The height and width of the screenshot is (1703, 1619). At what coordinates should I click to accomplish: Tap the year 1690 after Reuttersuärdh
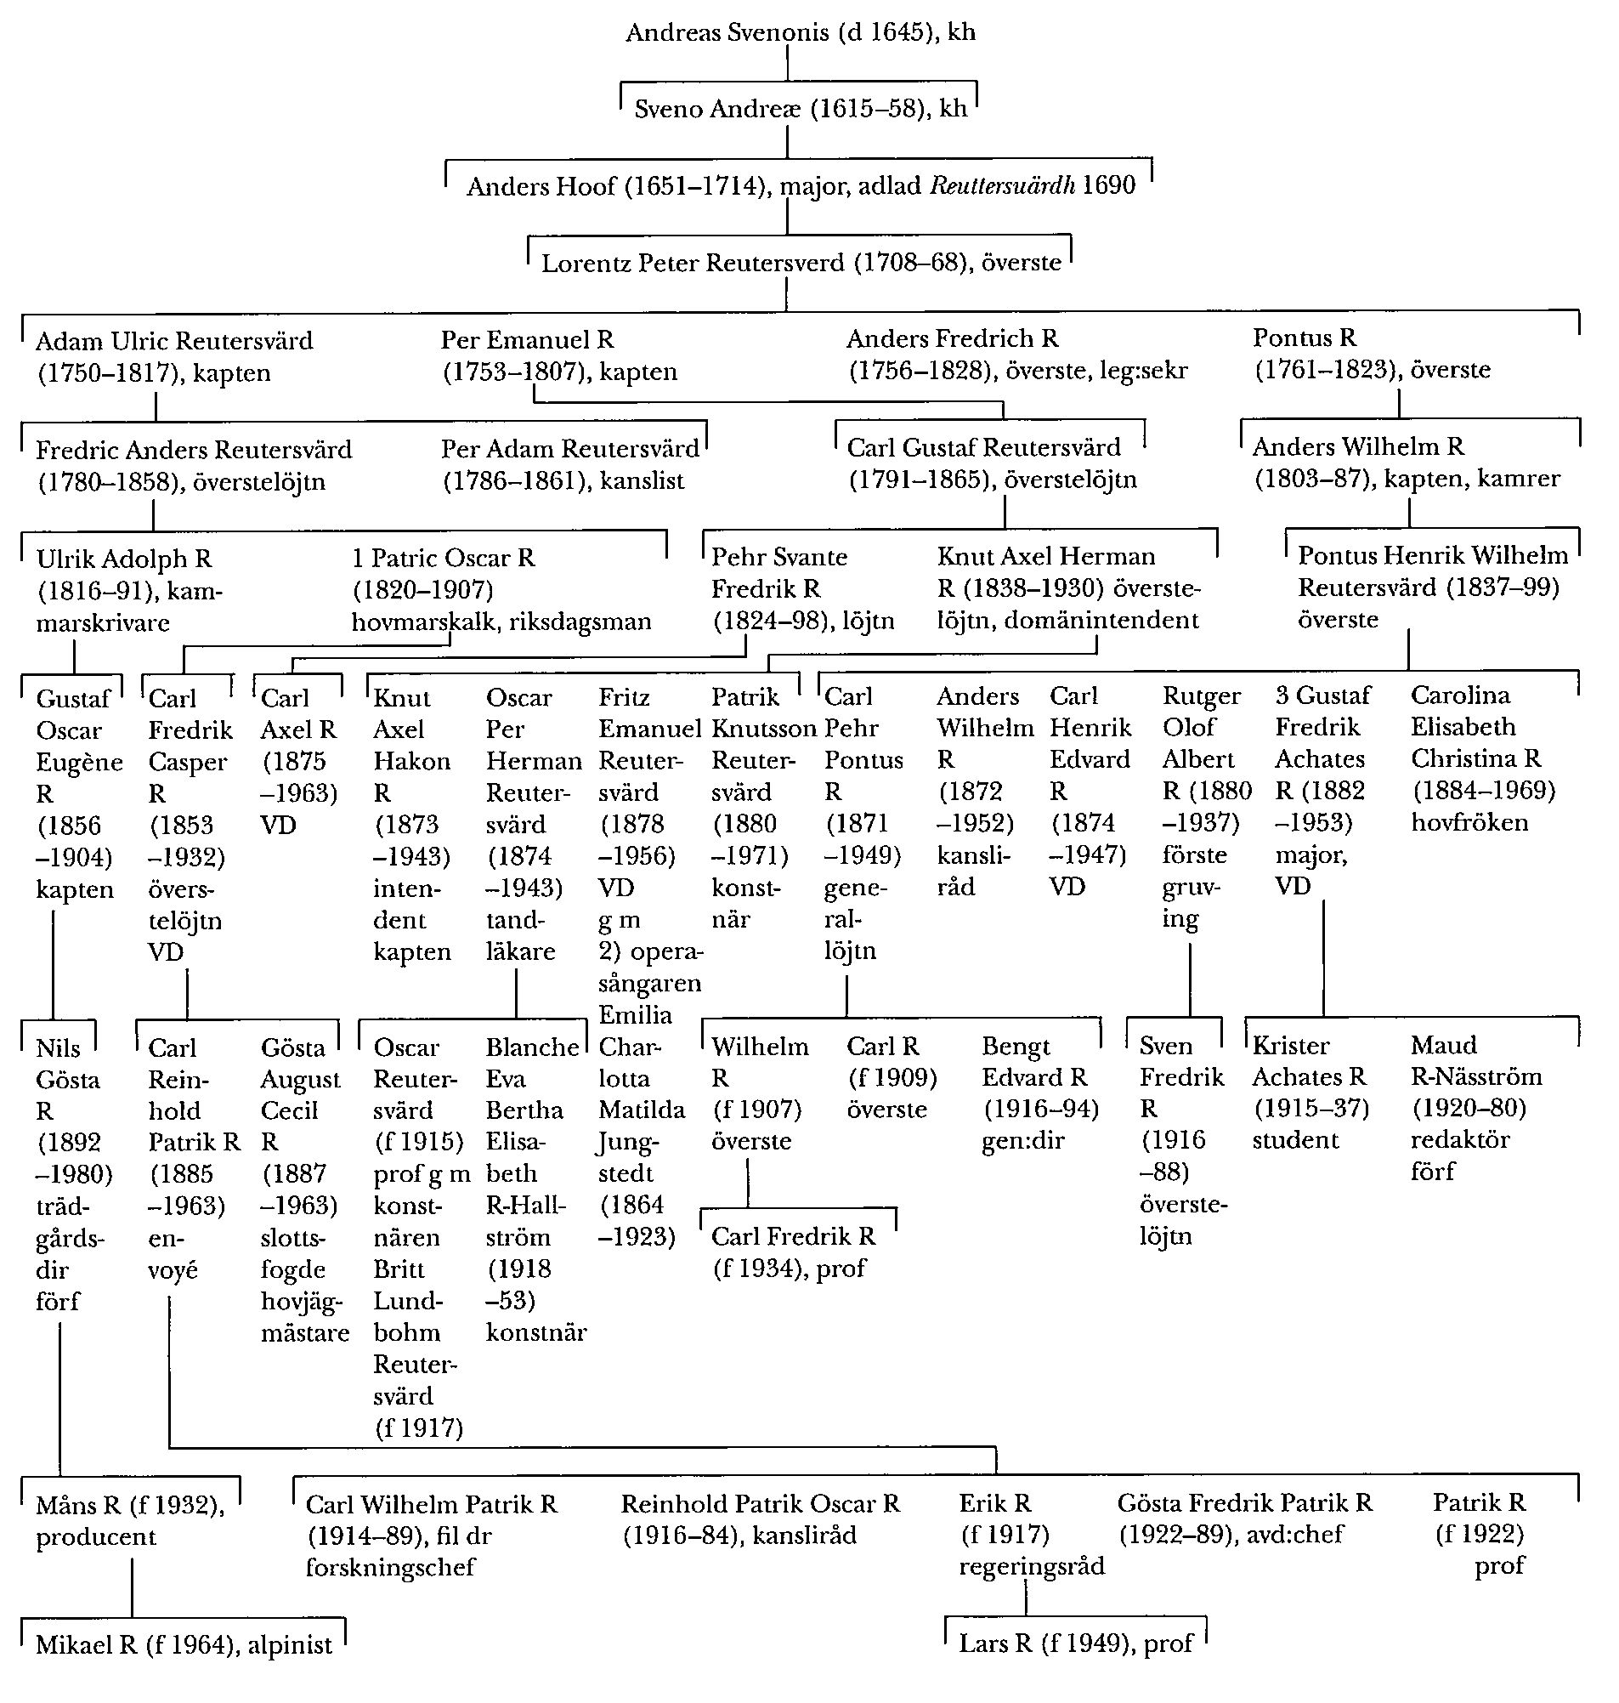point(1109,185)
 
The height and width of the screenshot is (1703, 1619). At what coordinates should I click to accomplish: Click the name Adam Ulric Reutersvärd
point(174,341)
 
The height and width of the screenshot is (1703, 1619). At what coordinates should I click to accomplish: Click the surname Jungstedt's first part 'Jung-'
point(627,1143)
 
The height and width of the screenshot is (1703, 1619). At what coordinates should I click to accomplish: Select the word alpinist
point(290,1645)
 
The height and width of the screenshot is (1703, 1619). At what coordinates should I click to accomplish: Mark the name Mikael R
point(87,1645)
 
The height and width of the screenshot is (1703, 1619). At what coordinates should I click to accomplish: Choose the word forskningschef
point(390,1567)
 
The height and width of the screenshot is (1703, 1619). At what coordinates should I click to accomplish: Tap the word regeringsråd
point(1031,1566)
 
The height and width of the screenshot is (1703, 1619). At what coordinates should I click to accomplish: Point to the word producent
point(96,1537)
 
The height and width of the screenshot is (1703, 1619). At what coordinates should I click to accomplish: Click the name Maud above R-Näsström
point(1443,1045)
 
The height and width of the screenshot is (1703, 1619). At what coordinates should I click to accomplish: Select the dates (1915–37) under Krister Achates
point(1310,1109)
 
